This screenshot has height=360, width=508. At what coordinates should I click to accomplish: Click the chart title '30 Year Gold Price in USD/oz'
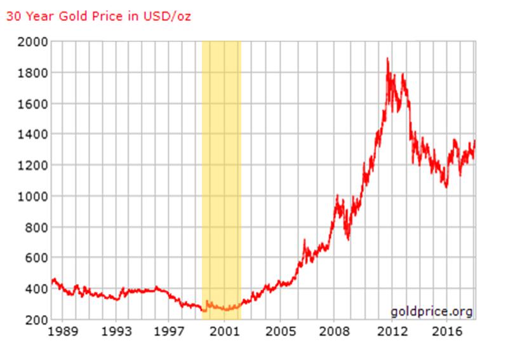click(98, 16)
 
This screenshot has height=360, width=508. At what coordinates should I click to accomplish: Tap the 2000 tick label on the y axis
click(31, 43)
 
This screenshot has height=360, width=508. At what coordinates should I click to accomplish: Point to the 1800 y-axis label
click(31, 73)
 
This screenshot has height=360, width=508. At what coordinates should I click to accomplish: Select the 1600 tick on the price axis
click(31, 103)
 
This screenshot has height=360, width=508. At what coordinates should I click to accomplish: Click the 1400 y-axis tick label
click(31, 135)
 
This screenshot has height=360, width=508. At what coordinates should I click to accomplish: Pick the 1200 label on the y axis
click(31, 165)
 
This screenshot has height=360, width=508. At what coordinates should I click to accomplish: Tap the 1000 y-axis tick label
click(31, 196)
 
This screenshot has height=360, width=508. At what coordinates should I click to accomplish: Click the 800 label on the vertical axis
click(34, 227)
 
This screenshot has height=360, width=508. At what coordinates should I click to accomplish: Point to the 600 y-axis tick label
click(34, 258)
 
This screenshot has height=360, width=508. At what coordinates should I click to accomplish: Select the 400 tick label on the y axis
click(34, 289)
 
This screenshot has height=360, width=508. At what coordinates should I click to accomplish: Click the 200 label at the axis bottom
click(34, 319)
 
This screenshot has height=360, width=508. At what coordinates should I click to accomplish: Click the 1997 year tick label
click(170, 332)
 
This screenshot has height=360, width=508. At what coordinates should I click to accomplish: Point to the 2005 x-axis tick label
click(280, 332)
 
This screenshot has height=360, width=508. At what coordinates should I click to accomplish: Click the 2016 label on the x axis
click(446, 332)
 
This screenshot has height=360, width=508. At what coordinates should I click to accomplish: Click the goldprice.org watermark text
click(432, 312)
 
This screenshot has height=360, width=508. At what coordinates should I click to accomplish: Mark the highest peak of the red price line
click(387, 58)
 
